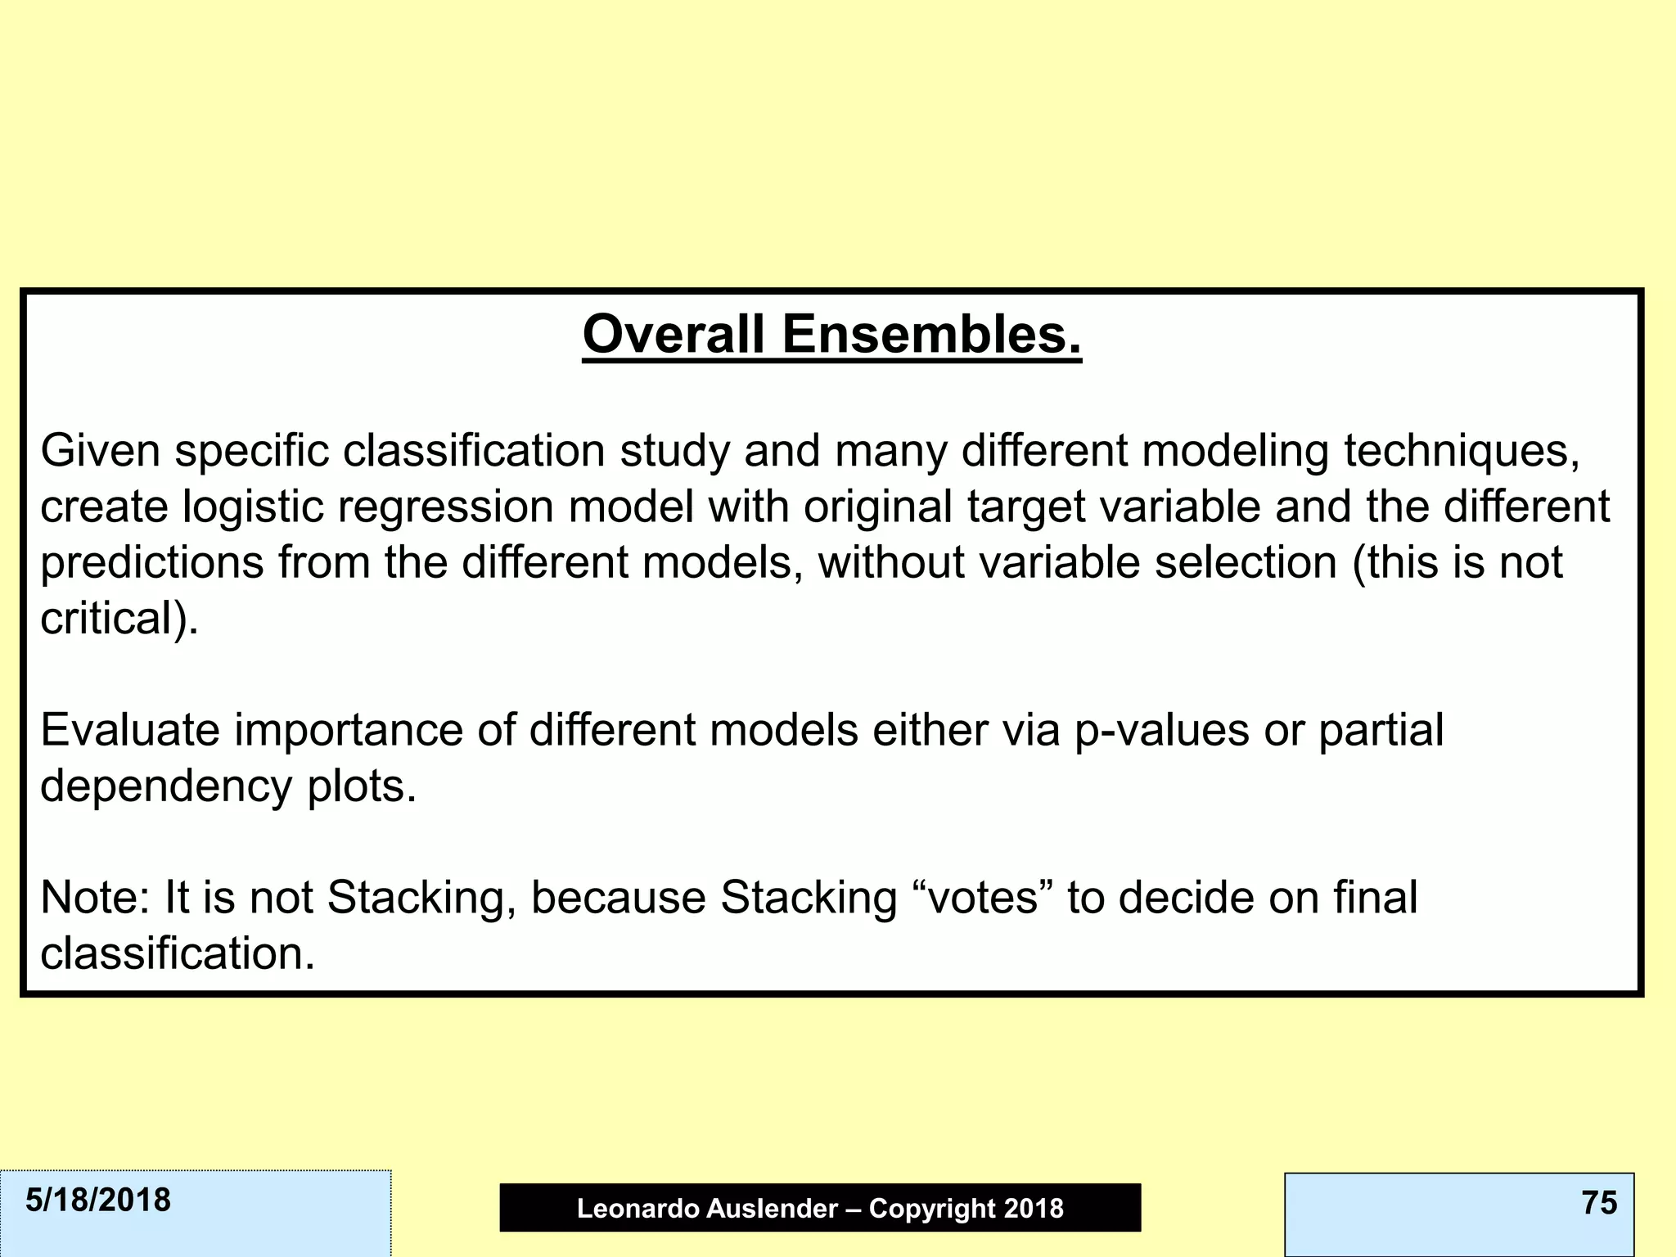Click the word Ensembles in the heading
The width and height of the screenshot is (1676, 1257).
click(x=931, y=336)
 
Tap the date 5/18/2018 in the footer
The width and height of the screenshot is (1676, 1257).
click(x=98, y=1201)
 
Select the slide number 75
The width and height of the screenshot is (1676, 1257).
click(x=1599, y=1203)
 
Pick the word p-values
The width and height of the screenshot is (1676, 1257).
click(x=1161, y=730)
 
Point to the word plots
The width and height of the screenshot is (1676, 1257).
click(x=361, y=787)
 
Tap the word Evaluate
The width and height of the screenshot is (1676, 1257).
click(x=129, y=730)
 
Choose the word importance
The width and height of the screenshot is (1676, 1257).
click(x=349, y=730)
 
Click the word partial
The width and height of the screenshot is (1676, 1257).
click(x=1381, y=730)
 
